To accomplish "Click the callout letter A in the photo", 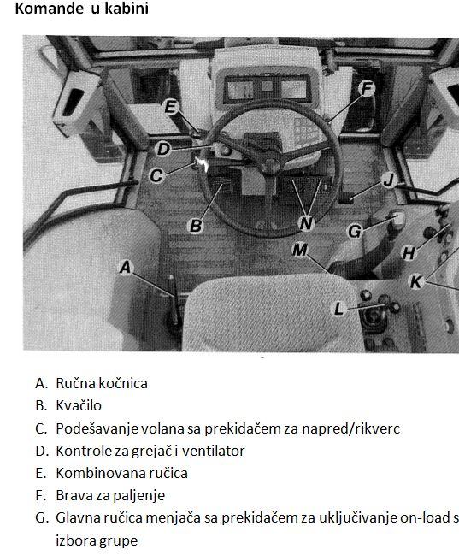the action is coord(126,267).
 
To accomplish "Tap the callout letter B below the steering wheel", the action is coord(196,226).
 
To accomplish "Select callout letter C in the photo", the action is coord(156,175).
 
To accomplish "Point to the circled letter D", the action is coord(163,149).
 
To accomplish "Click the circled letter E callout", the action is coord(171,107).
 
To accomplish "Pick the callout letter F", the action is coord(367,88).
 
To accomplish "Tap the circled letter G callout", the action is coord(355,232).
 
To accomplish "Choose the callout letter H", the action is coord(409,253).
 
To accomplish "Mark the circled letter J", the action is coord(389,180).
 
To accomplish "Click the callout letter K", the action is coord(415,282).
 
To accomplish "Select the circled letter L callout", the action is coord(338,309).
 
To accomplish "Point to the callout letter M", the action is coord(300,251).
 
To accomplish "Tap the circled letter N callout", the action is coord(306,223).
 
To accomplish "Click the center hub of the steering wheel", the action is coord(271,165).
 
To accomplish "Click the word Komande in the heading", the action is coord(50,9).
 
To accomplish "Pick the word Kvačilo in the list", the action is coord(79,405).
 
